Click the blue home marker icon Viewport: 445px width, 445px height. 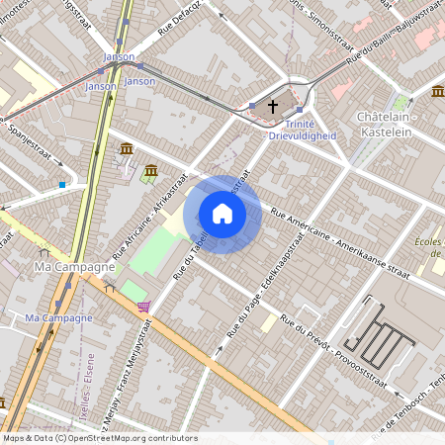point(222,214)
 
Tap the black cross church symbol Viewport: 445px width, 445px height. point(273,105)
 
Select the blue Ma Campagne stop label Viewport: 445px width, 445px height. point(58,317)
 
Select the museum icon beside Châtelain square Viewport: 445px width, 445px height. point(437,92)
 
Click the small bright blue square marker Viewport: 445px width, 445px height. point(62,184)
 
